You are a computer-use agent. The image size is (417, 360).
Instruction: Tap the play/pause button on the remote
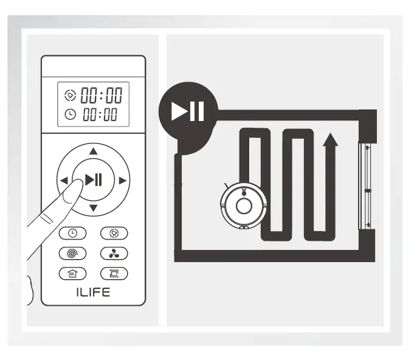tap(94, 179)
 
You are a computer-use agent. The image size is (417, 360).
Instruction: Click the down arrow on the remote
tap(93, 209)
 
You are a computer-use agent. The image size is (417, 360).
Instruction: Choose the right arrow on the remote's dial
tap(122, 180)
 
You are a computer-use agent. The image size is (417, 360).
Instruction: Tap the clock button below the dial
tap(72, 233)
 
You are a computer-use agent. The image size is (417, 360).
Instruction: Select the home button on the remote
tap(72, 274)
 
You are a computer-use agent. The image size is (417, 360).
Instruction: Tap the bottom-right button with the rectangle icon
tap(114, 274)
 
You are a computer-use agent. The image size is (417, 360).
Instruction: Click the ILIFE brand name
tap(93, 292)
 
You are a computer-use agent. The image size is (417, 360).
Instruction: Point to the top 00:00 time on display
tap(102, 95)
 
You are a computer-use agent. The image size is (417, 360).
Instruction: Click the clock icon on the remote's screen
tap(70, 114)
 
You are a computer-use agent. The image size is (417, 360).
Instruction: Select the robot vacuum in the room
tap(243, 206)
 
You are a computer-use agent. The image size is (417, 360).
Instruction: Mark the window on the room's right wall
tap(367, 186)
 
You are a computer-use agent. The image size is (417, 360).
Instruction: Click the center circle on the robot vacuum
tap(244, 206)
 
